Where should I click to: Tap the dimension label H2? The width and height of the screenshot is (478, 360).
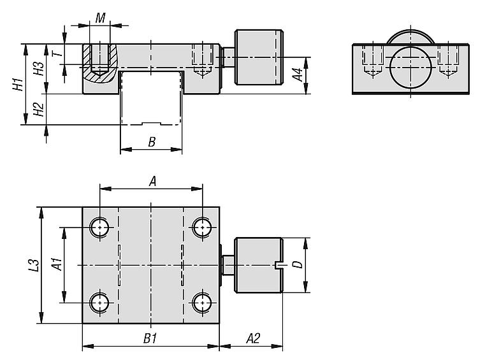point(39,109)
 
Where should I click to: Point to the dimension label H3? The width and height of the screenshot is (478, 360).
point(39,69)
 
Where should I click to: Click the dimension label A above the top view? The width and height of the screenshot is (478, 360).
point(152,182)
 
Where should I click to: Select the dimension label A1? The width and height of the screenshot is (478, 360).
point(55,264)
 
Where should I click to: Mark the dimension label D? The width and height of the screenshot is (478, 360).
point(298,264)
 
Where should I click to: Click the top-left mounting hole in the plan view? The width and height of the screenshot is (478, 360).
point(100,226)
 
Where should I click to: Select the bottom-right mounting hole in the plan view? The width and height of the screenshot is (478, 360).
point(203,301)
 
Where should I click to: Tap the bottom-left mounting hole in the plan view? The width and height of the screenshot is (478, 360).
point(100,301)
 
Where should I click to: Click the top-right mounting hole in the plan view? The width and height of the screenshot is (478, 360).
point(203,226)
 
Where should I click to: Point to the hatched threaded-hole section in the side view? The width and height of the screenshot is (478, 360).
point(99,64)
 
